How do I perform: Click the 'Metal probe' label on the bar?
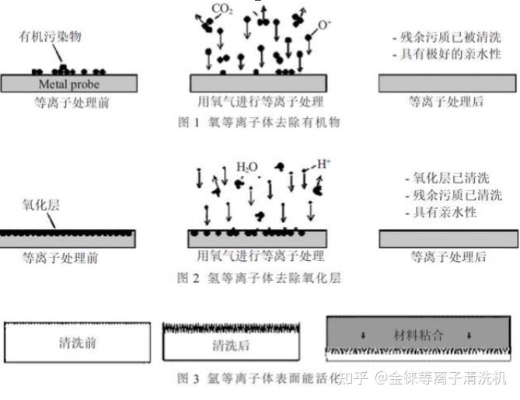pos(66,84)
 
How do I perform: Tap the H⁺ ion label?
pos(325,165)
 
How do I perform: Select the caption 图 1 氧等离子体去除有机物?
pos(259,122)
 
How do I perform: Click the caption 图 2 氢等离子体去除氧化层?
pos(259,277)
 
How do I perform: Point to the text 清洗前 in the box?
pos(78,343)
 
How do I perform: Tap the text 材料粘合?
pos(416,335)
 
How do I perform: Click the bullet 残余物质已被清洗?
pos(441,37)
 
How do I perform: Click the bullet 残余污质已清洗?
pos(441,195)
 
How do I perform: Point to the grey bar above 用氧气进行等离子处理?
pos(260,83)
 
